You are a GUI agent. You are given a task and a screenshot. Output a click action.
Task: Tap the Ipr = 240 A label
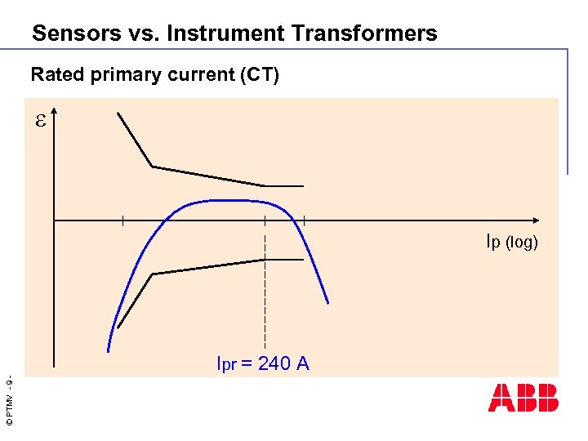[262, 364]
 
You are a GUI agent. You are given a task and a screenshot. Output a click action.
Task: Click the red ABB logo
[523, 397]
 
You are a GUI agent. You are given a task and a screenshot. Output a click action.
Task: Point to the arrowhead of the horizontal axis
[535, 220]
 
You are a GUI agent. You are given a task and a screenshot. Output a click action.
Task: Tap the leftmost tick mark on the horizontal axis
[122, 220]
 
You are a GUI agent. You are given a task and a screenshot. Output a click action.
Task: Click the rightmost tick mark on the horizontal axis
[304, 220]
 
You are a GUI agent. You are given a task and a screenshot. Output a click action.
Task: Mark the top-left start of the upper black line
[118, 113]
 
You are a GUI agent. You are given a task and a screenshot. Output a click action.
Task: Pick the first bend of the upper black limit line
[153, 167]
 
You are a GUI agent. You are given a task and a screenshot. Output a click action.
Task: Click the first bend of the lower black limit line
[153, 274]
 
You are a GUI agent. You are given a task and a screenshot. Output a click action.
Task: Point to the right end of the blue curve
[328, 303]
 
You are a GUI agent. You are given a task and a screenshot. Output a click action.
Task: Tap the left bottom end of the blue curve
[108, 351]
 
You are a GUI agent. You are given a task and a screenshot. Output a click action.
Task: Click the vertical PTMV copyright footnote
[7, 400]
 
